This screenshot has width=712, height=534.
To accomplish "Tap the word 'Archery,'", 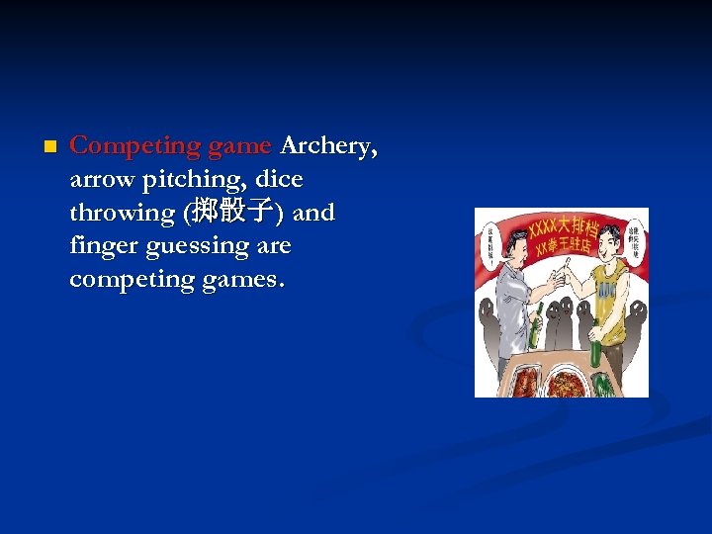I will coord(328,146).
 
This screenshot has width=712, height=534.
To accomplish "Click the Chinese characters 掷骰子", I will coord(233,212).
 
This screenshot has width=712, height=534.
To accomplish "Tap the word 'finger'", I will coord(102,246).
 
